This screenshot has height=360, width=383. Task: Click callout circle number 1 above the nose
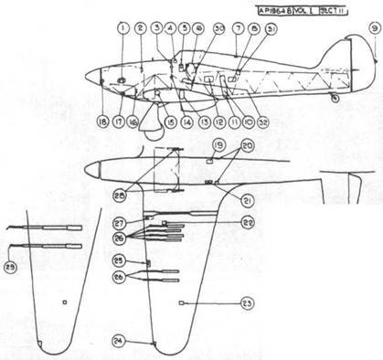[x=122, y=28]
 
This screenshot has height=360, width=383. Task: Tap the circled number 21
[x=247, y=200]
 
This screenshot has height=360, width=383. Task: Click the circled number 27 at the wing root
[x=120, y=222]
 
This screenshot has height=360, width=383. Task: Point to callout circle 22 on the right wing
[x=247, y=222]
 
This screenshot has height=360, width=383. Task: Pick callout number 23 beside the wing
[x=247, y=302]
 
